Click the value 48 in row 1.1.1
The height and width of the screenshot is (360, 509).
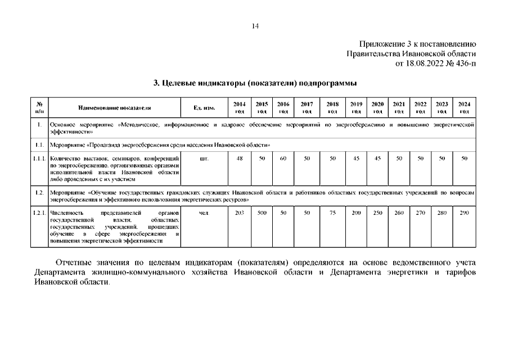point(240,159)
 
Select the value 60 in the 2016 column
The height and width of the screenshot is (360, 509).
point(283,159)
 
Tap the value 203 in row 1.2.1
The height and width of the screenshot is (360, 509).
point(240,213)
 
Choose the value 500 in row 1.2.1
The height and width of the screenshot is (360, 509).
point(262,213)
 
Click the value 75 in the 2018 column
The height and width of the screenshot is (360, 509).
point(332,213)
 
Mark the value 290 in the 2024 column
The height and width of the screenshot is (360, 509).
point(464,213)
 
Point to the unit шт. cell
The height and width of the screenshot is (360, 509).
point(204,159)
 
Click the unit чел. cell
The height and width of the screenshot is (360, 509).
point(204,213)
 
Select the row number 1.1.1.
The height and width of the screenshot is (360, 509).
point(39,159)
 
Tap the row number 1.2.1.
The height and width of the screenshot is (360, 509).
point(39,213)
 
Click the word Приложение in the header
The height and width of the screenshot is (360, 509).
point(381,44)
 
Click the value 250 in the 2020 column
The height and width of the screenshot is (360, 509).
point(377,213)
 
